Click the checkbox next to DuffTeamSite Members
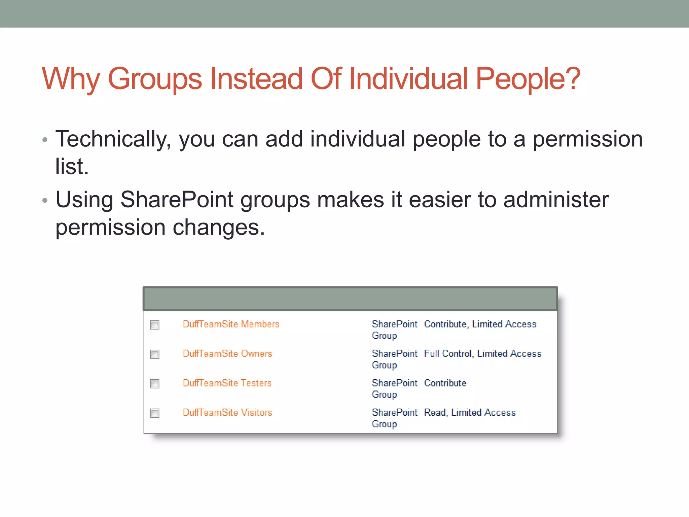pyautogui.click(x=155, y=325)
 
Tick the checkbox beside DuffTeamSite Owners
pyautogui.click(x=155, y=354)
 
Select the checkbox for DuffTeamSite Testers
pyautogui.click(x=155, y=384)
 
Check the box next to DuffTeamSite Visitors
pyautogui.click(x=155, y=413)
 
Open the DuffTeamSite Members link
pyautogui.click(x=231, y=324)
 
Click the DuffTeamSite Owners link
pyautogui.click(x=227, y=353)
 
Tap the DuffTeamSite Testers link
pyautogui.click(x=227, y=383)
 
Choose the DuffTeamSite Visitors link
pyautogui.click(x=227, y=412)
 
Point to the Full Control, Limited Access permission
pyautogui.click(x=482, y=353)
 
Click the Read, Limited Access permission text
pyautogui.click(x=470, y=412)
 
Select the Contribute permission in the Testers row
pyautogui.click(x=445, y=383)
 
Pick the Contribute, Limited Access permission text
pyautogui.click(x=480, y=324)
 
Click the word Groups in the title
pyautogui.click(x=155, y=79)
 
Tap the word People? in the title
pyautogui.click(x=528, y=79)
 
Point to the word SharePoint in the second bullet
pyautogui.click(x=177, y=200)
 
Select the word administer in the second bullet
pyautogui.click(x=556, y=200)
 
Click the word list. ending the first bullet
pyautogui.click(x=72, y=167)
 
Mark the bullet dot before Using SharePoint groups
pyautogui.click(x=45, y=201)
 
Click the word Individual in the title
pyautogui.click(x=408, y=79)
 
